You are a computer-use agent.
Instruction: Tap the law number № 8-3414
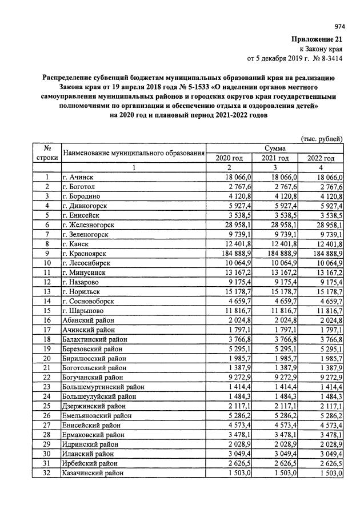point(326,58)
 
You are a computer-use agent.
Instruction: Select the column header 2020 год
point(229,158)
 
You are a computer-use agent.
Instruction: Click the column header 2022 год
point(321,158)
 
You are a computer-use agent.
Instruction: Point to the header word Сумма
point(275,148)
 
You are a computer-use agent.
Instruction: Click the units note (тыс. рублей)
point(321,138)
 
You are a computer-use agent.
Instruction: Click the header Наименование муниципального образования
point(133,153)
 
